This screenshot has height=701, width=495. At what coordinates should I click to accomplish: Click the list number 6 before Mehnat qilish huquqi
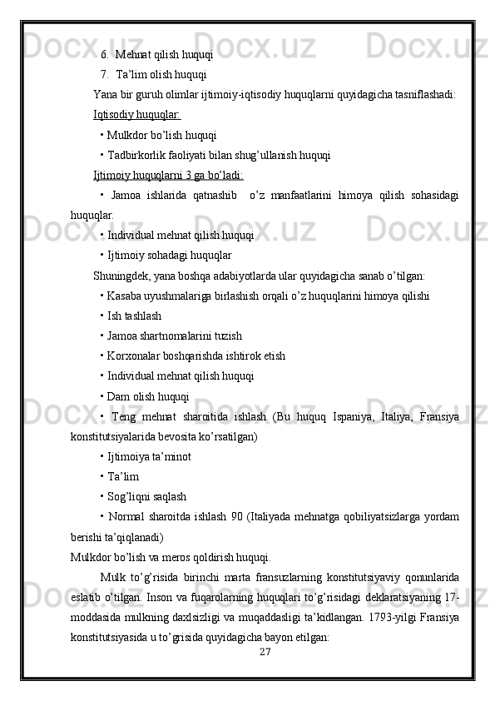[x=105, y=55]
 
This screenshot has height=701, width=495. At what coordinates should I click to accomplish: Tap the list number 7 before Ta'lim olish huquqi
[x=105, y=75]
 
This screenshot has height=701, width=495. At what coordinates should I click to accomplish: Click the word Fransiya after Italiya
[x=437, y=416]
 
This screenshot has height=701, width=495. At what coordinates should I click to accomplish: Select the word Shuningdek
[x=122, y=276]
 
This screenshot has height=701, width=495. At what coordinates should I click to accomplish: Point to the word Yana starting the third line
[x=105, y=94]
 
